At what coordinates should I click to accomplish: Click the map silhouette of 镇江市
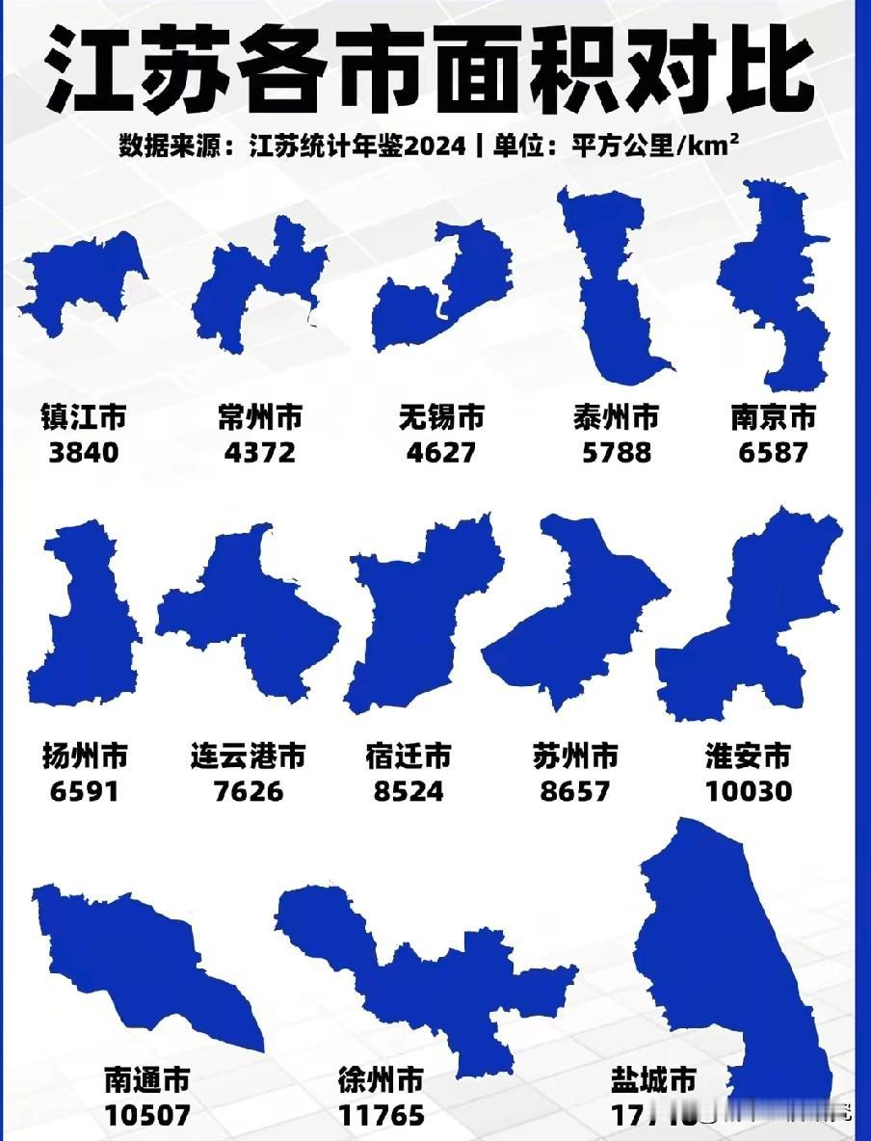pyautogui.click(x=82, y=284)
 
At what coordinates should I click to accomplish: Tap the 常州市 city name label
pyautogui.click(x=259, y=418)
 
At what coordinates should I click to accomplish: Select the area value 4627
pyautogui.click(x=440, y=451)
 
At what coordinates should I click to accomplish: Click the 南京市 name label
pyautogui.click(x=773, y=418)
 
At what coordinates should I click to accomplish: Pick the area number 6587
pyautogui.click(x=773, y=451)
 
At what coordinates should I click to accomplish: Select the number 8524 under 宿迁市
pyautogui.click(x=409, y=790)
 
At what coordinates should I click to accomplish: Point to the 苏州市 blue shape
pyautogui.click(x=578, y=617)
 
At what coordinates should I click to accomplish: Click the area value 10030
pyautogui.click(x=749, y=790)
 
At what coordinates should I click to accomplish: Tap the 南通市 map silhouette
pyautogui.click(x=145, y=964)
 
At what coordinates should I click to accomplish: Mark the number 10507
pyautogui.click(x=147, y=1115)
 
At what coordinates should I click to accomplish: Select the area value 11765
pyautogui.click(x=382, y=1115)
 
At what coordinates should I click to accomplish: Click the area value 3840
pyautogui.click(x=83, y=451)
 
